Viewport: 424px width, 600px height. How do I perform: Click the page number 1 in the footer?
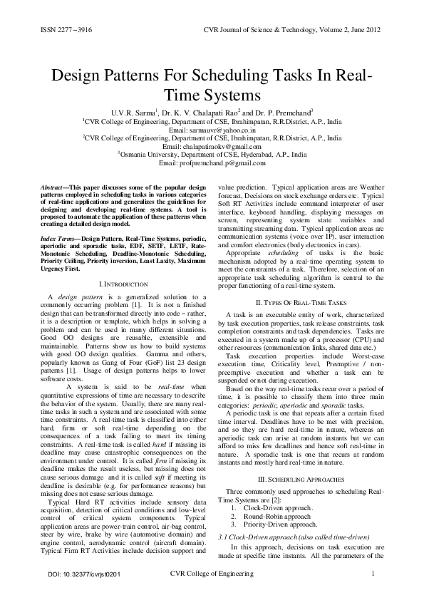tap(374, 574)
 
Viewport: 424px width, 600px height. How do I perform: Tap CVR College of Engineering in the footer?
tap(213, 574)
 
